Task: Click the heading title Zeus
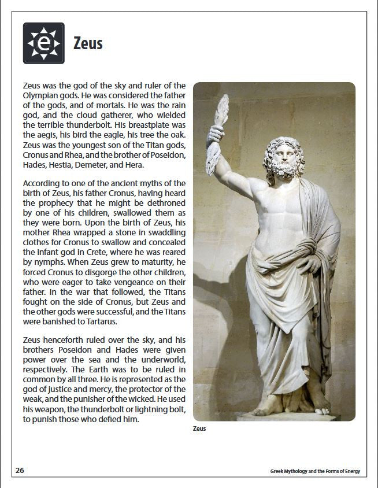88,43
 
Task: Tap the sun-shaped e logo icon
43,43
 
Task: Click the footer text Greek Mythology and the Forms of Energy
314,471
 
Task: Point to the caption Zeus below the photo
199,428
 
